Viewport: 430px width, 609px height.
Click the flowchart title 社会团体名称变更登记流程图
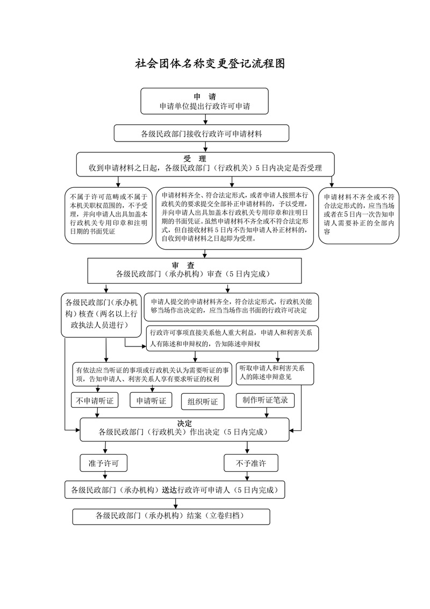[210, 64]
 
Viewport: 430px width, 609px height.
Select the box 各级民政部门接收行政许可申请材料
[201, 133]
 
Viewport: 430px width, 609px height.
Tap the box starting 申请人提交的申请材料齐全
[232, 306]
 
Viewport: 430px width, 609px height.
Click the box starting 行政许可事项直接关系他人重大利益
[232, 338]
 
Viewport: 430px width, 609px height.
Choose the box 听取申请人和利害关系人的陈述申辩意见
[275, 373]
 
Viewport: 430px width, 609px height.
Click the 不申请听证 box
[95, 400]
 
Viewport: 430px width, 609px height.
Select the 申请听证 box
[151, 400]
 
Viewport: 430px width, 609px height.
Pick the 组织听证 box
[203, 401]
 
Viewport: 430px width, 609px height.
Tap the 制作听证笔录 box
[265, 400]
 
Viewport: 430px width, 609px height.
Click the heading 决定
[184, 423]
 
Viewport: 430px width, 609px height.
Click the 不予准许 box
[251, 462]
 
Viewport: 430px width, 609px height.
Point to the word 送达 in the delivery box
[167, 490]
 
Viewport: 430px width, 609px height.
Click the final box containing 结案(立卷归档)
[171, 516]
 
